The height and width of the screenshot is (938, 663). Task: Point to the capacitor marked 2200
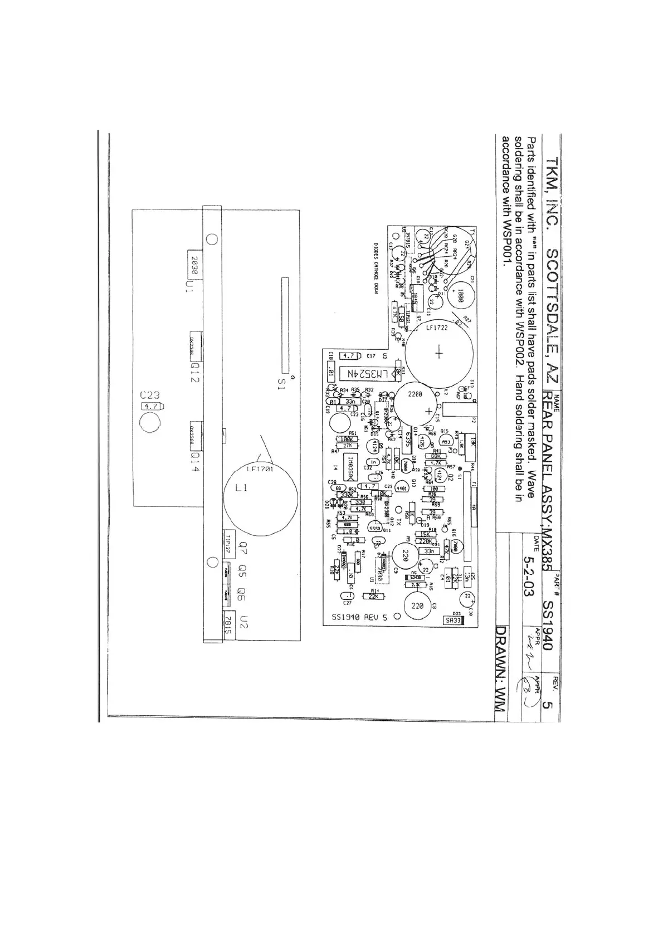coord(416,394)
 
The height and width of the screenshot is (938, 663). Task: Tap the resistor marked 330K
coord(346,495)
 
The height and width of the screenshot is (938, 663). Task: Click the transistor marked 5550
coord(375,527)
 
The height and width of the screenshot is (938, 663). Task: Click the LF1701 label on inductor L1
coord(260,469)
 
